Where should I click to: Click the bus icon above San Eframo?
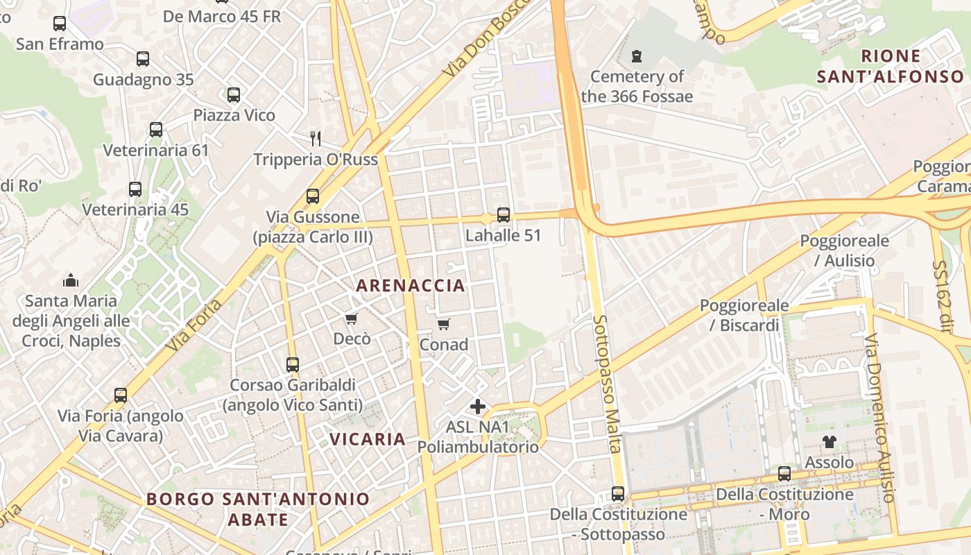[x=60, y=24]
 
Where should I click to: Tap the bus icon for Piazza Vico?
[x=234, y=94]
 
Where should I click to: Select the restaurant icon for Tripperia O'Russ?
[x=316, y=139]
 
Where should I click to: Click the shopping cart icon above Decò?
[x=352, y=318]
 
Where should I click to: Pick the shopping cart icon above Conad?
[x=444, y=324]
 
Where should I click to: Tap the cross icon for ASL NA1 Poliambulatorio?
[x=478, y=407]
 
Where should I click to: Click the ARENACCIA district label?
[x=411, y=285]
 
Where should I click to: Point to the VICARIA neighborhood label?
[x=368, y=439]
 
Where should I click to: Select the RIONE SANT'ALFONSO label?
[x=891, y=66]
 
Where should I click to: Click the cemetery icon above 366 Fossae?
[x=637, y=56]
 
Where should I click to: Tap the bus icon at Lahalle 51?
[x=504, y=215]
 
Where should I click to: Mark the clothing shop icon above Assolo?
[x=830, y=441]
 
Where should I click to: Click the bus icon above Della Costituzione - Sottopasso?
[x=618, y=494]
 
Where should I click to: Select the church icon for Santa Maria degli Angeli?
[x=71, y=280]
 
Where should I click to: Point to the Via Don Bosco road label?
[x=486, y=39]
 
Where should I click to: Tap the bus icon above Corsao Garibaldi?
[x=293, y=364]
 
